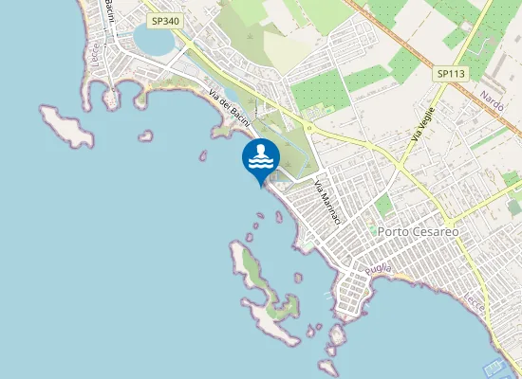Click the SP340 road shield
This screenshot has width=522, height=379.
pyautogui.click(x=163, y=19)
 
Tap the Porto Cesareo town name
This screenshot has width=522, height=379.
pyautogui.click(x=418, y=231)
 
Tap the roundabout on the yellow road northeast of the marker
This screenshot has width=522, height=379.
pyautogui.click(x=308, y=126)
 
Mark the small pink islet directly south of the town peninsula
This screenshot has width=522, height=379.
pyautogui.click(x=336, y=336)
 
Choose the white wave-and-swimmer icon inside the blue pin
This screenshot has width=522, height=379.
pyautogui.click(x=261, y=158)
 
